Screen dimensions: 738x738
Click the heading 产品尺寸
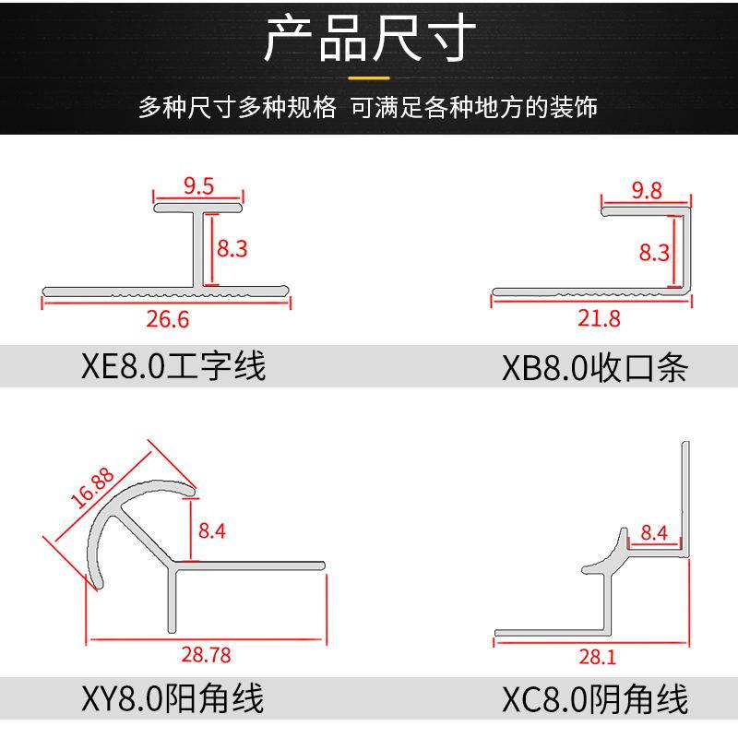[369, 39]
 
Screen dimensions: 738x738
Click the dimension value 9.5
[198, 186]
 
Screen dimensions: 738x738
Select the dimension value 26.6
[167, 319]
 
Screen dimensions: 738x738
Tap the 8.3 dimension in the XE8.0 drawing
[232, 248]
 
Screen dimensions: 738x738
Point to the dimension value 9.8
[647, 190]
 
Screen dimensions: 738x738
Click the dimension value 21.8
[599, 318]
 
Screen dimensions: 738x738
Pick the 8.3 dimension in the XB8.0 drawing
[654, 252]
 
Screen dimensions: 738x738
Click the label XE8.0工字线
[173, 366]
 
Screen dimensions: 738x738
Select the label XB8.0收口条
[595, 368]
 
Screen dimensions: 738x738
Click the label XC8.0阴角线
[595, 699]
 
